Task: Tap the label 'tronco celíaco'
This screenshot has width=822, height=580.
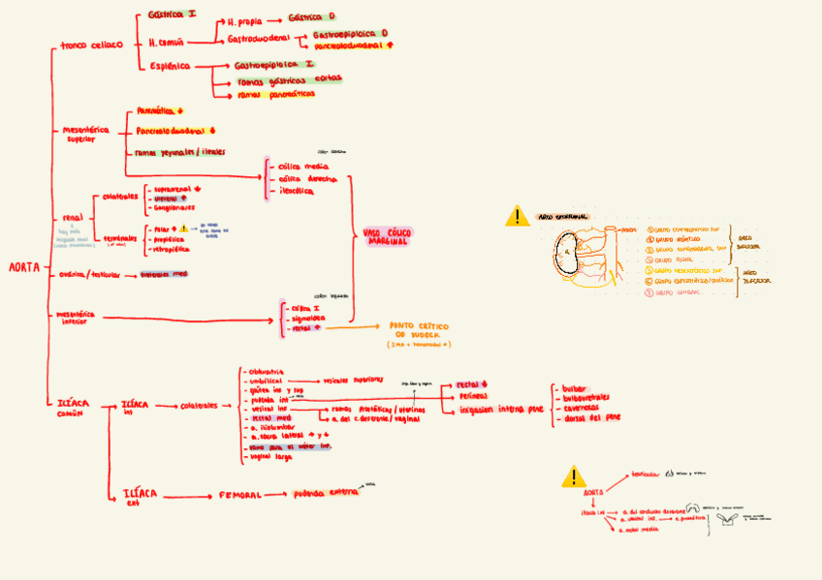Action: click(x=92, y=45)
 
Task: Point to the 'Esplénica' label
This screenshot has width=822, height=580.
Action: click(x=170, y=66)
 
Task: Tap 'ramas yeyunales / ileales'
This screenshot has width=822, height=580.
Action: click(x=180, y=152)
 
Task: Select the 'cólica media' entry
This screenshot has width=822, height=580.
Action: click(x=301, y=167)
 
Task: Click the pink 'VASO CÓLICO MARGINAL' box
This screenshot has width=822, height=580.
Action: click(x=387, y=235)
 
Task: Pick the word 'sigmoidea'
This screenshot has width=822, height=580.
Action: click(x=308, y=318)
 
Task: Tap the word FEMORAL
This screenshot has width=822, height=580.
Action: click(x=237, y=495)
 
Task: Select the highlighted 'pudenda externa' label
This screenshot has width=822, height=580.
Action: click(x=325, y=493)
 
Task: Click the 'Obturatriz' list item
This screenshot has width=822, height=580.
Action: click(x=266, y=371)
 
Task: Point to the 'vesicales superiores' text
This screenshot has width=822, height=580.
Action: click(x=355, y=381)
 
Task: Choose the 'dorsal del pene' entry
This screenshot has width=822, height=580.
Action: click(x=590, y=417)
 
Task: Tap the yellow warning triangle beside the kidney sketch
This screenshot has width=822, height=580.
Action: click(x=518, y=216)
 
